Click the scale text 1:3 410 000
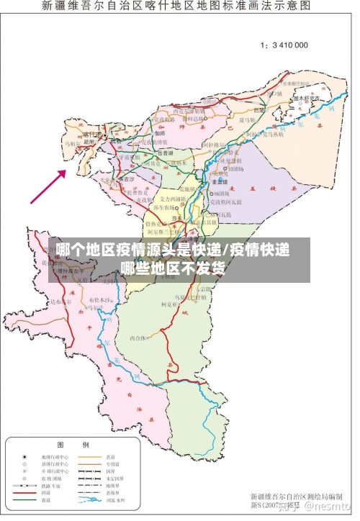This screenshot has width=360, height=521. pos(284,45)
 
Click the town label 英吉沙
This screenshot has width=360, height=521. pos(125,178)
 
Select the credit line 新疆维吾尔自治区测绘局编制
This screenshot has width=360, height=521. pos(294,497)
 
